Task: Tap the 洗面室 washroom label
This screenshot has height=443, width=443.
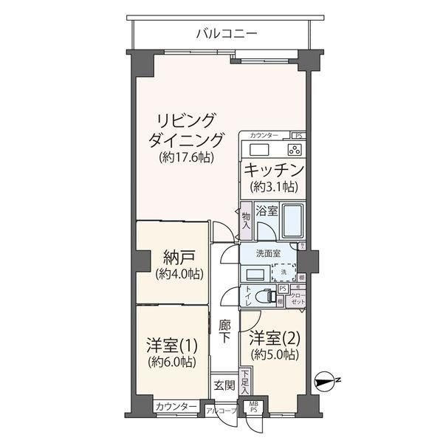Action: (x=267, y=253)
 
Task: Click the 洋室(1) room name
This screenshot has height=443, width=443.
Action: (x=170, y=345)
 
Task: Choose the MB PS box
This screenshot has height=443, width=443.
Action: (x=253, y=407)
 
